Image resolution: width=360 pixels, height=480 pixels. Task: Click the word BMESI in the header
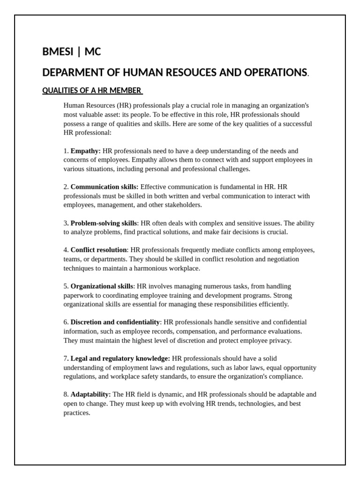pos(58,52)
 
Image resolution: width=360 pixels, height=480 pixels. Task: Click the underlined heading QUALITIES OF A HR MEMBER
pos(92,90)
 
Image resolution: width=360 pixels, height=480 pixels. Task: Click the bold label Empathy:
pos(85,151)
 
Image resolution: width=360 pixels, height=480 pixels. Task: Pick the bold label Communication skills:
pos(104,187)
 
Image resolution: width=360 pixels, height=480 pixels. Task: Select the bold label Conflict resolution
pos(98,250)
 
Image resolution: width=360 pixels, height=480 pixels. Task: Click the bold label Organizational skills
pos(102,286)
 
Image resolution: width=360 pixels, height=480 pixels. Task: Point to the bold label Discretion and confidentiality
pos(115,322)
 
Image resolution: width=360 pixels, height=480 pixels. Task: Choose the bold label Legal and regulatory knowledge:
pos(120,358)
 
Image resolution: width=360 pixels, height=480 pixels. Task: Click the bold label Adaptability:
pos(90,394)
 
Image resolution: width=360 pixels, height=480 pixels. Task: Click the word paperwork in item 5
pos(78,295)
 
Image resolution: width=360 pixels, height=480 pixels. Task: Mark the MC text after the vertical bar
pos(93,52)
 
